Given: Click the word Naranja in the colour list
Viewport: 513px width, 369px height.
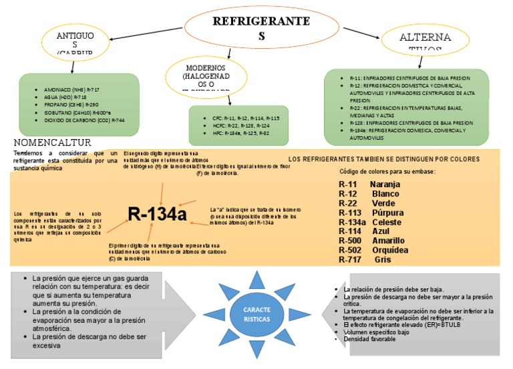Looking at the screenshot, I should click(x=385, y=184).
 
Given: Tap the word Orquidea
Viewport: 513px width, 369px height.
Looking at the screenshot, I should click(x=390, y=250).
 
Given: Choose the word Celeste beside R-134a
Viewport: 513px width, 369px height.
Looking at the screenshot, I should click(x=388, y=222).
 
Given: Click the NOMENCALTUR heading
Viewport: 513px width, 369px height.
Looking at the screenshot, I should click(x=52, y=143).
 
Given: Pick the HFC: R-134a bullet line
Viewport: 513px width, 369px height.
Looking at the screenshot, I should click(x=236, y=133).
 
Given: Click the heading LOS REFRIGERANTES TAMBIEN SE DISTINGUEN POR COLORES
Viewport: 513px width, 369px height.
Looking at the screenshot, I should click(x=384, y=159).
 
